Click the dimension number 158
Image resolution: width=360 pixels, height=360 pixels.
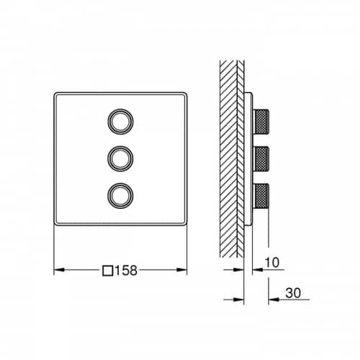126,270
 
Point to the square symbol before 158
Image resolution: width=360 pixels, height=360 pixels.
108,271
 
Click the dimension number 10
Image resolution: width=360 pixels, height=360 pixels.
272,262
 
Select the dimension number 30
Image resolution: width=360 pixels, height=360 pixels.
293,293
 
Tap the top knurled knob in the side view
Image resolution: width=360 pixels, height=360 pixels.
261,122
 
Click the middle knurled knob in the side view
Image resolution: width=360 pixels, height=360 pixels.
261,158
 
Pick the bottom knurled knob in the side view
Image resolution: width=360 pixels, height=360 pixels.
261,196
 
